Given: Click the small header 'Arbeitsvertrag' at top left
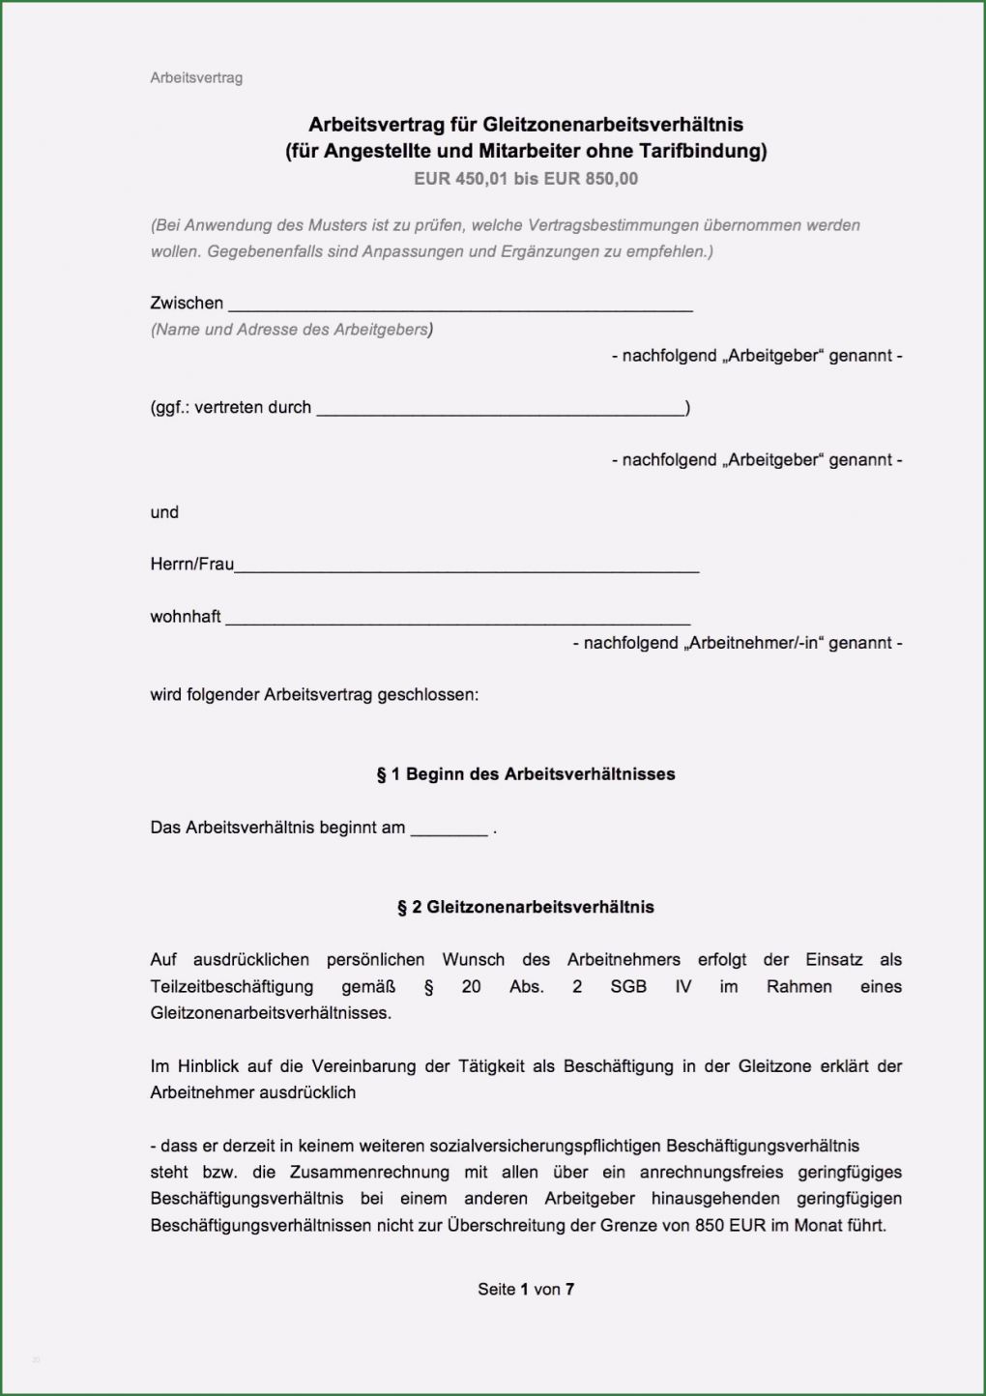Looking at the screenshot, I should pos(196,77).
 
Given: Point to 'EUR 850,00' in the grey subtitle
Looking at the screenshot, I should pos(591,179).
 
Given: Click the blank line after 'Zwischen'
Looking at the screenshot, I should pos(460,305).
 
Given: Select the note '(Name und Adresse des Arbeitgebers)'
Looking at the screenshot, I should pos(291,330).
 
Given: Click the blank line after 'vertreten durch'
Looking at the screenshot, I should pos(501,410).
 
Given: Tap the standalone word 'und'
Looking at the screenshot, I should pos(164,512).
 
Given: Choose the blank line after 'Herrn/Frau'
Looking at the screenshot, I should pos(466,567).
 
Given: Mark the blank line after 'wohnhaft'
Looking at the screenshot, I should pos(457,619).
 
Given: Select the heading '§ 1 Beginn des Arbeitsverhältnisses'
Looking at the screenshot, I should pos(526,774).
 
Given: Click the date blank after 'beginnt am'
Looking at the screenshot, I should pos(449,829).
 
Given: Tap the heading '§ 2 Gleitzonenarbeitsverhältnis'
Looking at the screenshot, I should pos(526,908).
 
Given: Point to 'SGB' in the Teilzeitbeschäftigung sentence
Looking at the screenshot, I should pos(629,987).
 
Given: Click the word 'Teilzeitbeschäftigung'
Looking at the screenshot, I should pos(232,987).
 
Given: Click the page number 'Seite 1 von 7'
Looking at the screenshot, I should pos(526,1289).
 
